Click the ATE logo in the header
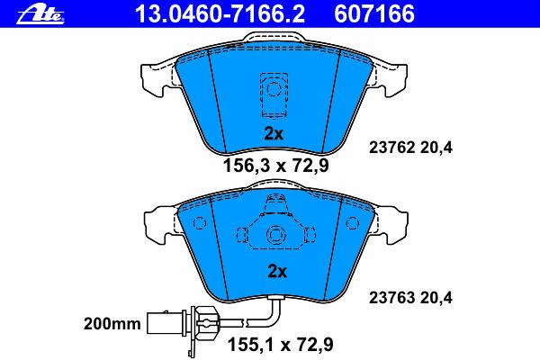pos(40,15)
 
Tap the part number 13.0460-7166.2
pos(220,14)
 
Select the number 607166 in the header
pos(374,14)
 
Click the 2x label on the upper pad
pos(274,134)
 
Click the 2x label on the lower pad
pos(277,272)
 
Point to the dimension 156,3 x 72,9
pos(276,166)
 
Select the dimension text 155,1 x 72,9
pos(281,344)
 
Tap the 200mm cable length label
pos(112,324)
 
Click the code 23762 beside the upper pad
pos(391,148)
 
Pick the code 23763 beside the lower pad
pos(391,298)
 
